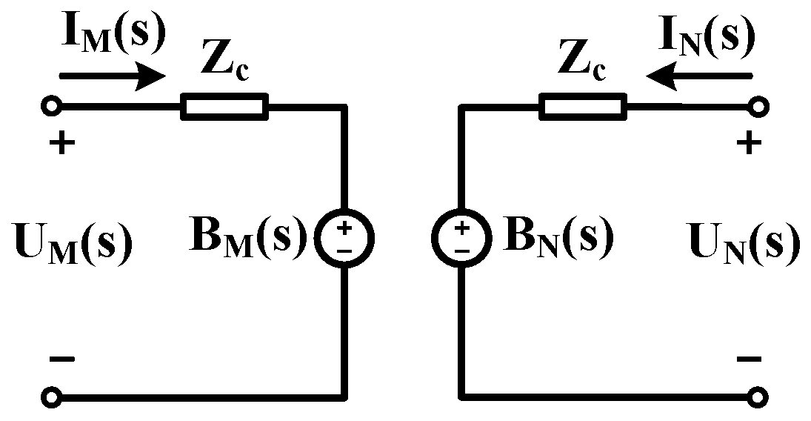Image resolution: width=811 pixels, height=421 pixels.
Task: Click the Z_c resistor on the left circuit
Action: point(224,107)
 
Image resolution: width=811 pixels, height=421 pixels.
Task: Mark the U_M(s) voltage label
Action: point(73,242)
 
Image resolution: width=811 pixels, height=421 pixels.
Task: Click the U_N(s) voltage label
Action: point(744,242)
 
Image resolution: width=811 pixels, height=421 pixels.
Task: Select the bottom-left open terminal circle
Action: point(51,397)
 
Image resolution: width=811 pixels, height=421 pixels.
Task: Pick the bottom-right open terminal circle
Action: point(756,397)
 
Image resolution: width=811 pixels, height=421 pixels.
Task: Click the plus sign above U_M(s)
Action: point(62,143)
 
